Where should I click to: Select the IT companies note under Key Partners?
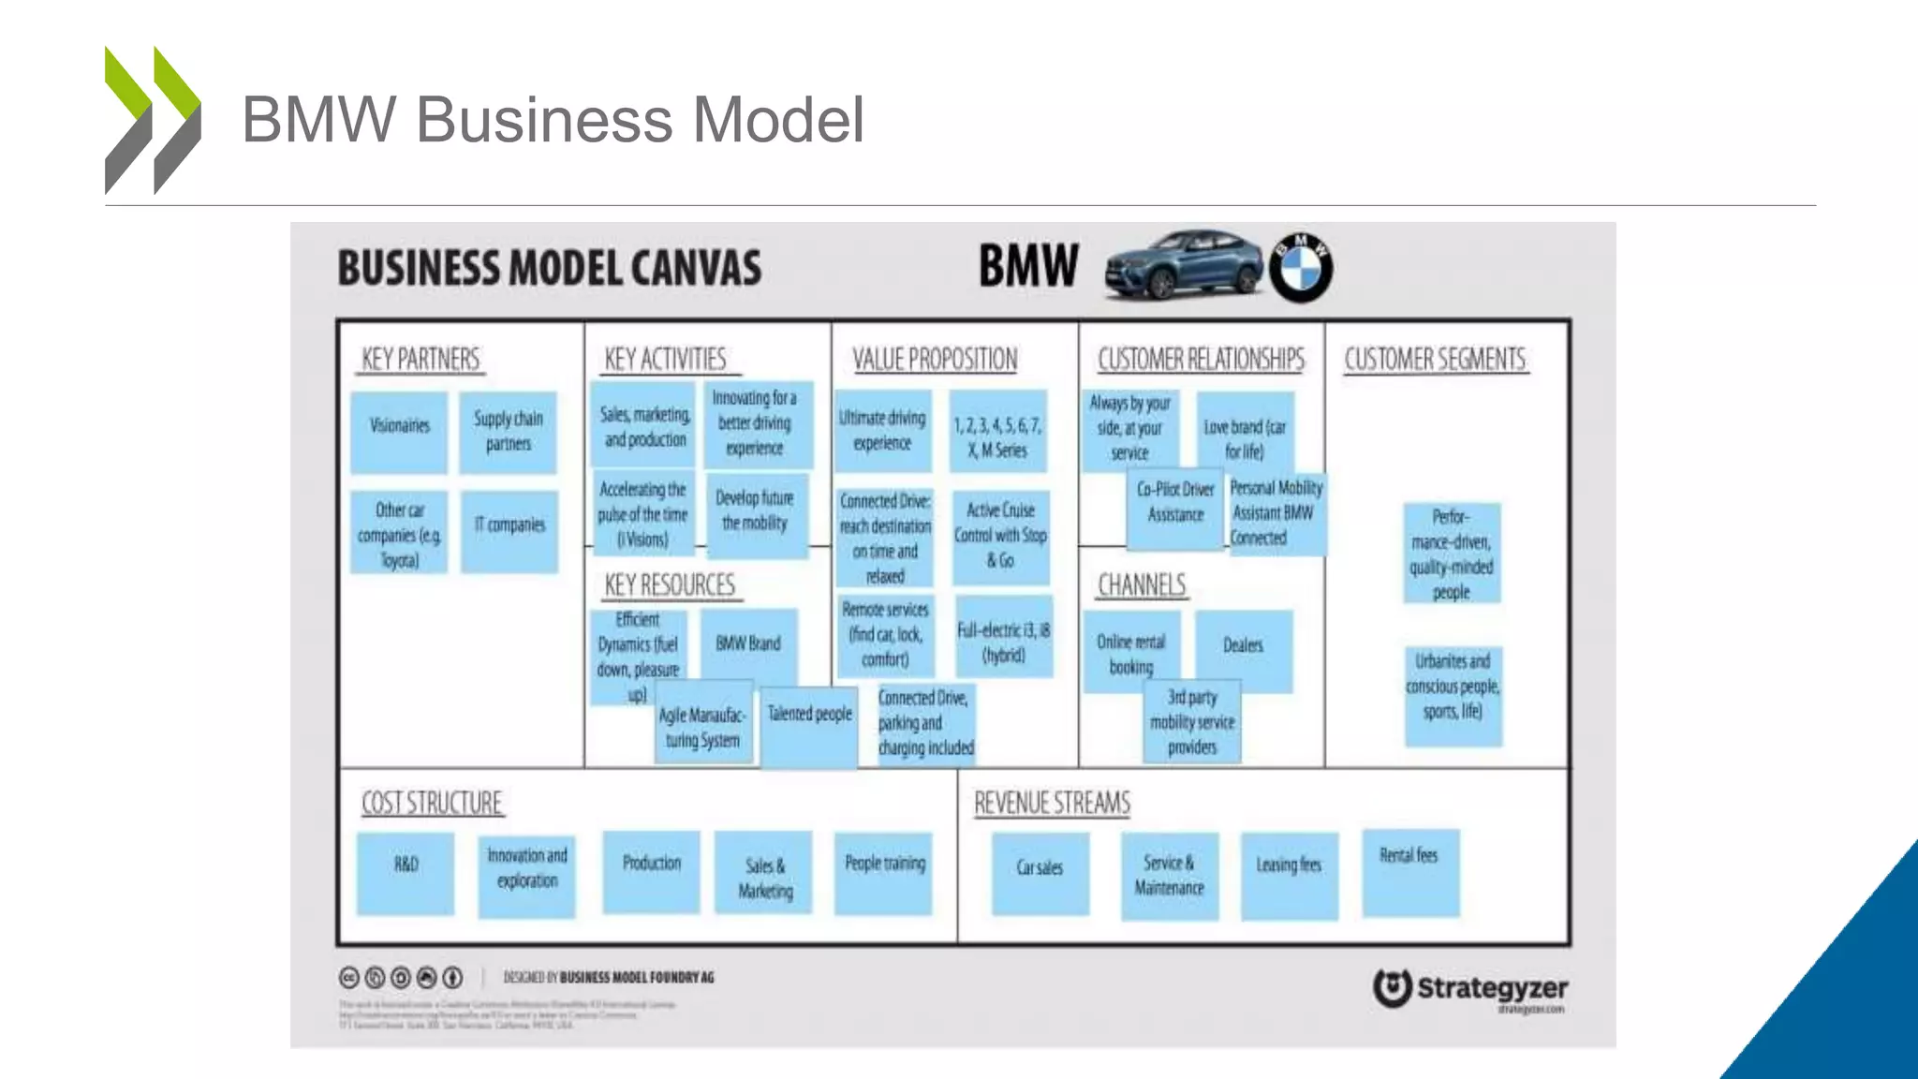point(509,529)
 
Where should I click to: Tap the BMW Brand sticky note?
point(748,644)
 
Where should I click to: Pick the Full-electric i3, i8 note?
point(1004,637)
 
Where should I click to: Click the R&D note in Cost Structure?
point(406,871)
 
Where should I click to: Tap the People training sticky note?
point(884,871)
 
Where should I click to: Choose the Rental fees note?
point(1409,869)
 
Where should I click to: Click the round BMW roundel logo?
point(1302,268)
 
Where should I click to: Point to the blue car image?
point(1184,266)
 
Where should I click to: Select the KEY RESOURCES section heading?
point(671,585)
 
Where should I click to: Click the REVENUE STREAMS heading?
point(1052,804)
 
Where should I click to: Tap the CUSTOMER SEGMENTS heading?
point(1435,360)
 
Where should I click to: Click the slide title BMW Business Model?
point(553,120)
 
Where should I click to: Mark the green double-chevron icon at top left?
point(153,120)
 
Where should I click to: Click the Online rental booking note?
point(1130,652)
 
